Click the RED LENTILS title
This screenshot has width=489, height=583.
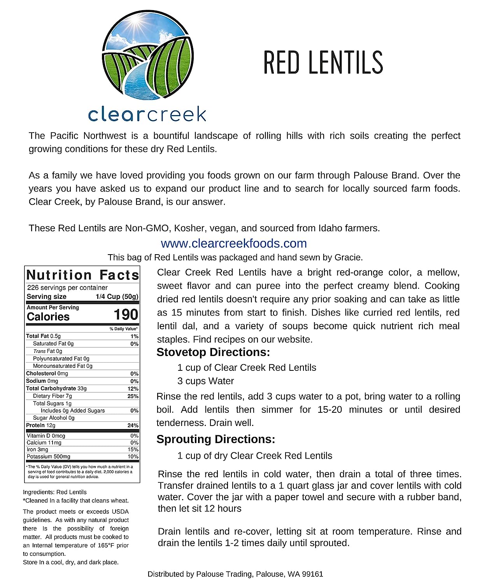pos(323,62)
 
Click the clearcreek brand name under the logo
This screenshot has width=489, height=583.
pos(147,114)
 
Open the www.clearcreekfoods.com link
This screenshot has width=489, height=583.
pos(234,243)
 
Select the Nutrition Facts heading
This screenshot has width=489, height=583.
pos(82,275)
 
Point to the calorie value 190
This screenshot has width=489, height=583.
pos(126,315)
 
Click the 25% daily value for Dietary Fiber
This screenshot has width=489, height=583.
pos(133,396)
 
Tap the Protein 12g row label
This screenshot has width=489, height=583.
pos(41,425)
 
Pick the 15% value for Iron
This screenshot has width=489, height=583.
pos(133,450)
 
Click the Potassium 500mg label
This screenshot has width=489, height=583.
pos(49,457)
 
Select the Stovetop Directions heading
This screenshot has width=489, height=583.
pos(213,352)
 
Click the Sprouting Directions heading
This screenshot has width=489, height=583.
pos(216,439)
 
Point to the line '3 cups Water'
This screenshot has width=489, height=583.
pos(206,381)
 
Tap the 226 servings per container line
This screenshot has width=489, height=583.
pos(67,288)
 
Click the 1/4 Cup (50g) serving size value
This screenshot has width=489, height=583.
pos(117,297)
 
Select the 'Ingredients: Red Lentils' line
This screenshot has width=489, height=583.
pos(55,492)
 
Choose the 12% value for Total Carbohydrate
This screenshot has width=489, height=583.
pos(133,389)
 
